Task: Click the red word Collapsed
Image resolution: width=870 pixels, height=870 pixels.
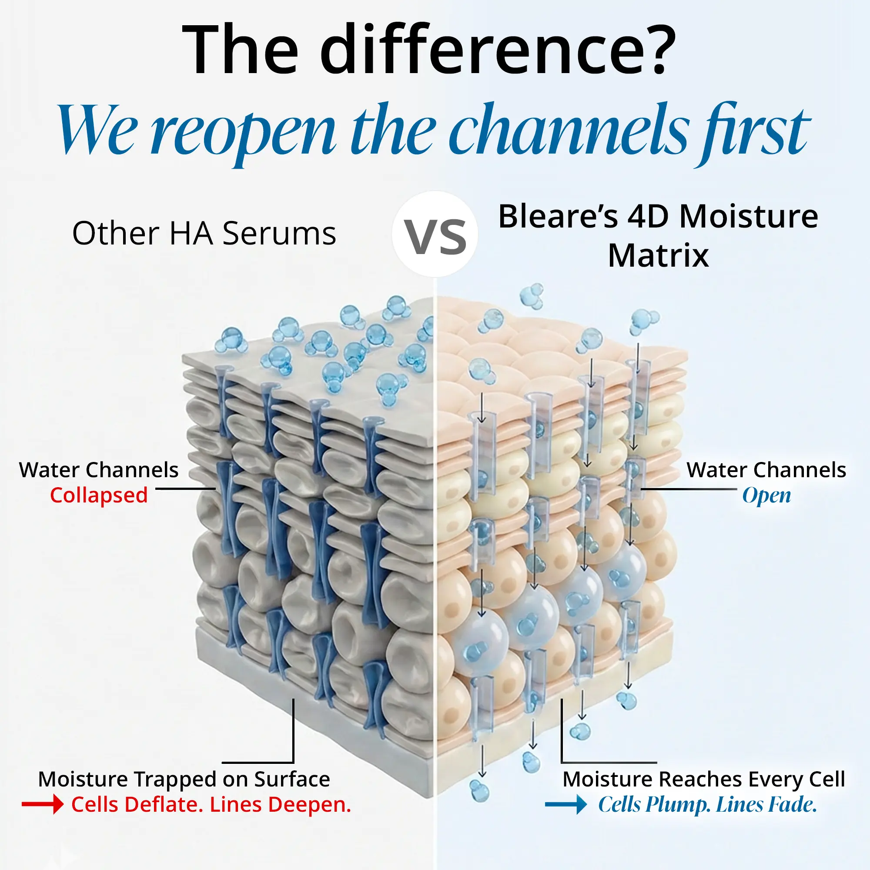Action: (x=99, y=495)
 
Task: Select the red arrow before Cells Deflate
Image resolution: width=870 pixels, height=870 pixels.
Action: (x=43, y=804)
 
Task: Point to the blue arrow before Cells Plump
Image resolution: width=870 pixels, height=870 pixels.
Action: (x=565, y=805)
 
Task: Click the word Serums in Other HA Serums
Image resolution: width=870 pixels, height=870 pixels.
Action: (x=279, y=234)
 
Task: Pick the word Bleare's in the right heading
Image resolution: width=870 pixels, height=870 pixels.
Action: (x=558, y=217)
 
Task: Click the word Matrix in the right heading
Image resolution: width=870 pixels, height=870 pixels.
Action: (x=658, y=256)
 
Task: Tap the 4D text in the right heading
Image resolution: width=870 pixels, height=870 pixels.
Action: (x=649, y=217)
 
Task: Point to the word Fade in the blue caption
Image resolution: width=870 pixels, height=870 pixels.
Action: (x=792, y=805)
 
